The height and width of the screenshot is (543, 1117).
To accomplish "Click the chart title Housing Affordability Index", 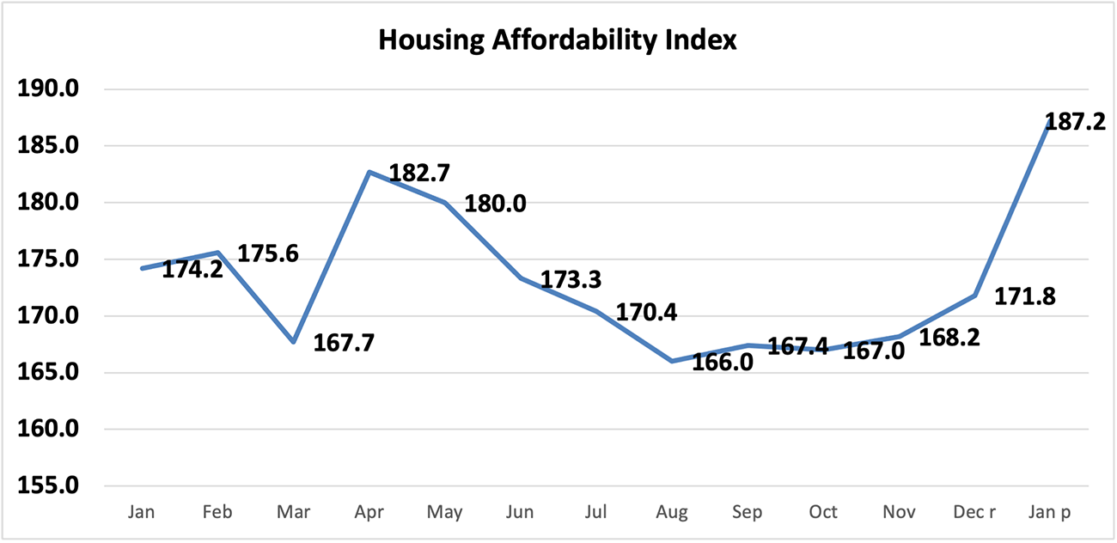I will tap(558, 40).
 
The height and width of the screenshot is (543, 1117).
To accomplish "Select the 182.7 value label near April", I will tap(419, 173).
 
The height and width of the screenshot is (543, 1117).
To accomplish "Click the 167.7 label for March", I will tap(345, 342).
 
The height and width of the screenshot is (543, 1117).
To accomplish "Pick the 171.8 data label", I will tap(1025, 296).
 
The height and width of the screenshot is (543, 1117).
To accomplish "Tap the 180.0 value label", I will tap(495, 204).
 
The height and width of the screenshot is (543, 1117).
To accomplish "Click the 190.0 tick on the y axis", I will tap(55, 89).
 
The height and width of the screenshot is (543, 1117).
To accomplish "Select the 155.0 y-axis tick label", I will tap(55, 486).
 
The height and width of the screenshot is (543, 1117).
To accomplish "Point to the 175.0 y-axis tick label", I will tap(55, 259).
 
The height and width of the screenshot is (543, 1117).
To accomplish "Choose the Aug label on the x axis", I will tap(672, 513).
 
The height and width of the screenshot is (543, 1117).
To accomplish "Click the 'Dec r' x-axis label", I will tap(974, 513).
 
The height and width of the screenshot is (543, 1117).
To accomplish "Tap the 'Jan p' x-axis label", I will tap(1050, 513).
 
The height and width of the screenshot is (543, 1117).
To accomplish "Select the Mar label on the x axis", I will tap(294, 513).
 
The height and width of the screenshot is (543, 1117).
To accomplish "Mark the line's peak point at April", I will tap(369, 172).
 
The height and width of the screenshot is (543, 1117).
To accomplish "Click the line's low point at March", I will tap(294, 342).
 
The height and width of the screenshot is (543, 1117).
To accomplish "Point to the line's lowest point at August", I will tap(672, 361).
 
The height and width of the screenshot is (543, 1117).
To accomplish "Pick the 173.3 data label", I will tap(571, 280).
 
